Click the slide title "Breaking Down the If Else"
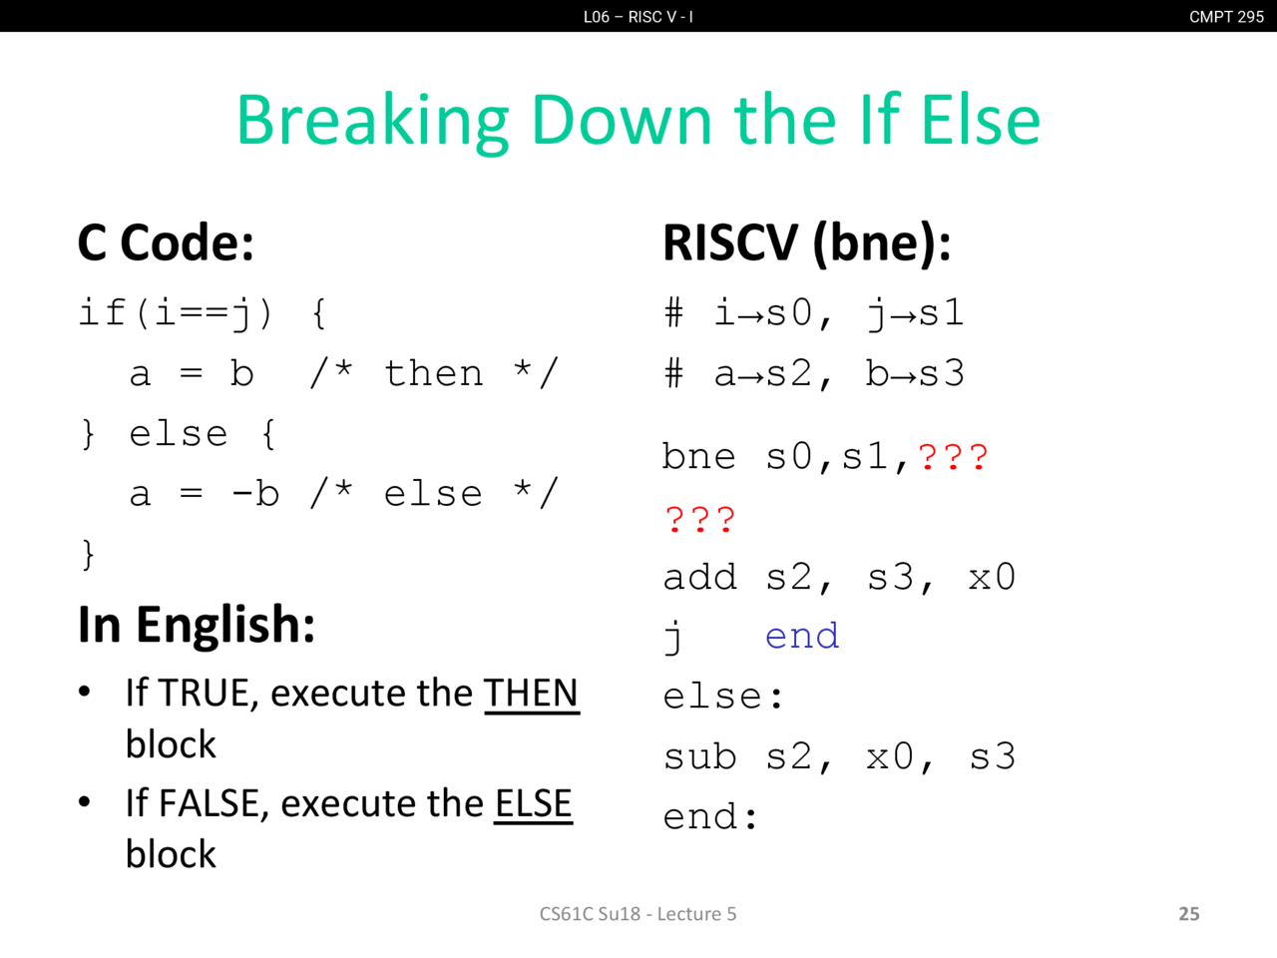[638, 121]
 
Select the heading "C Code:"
[166, 242]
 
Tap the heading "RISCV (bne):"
[807, 243]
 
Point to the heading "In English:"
[197, 625]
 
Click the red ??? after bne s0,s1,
[953, 457]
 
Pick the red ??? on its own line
[700, 520]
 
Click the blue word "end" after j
[802, 636]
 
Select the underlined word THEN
[531, 694]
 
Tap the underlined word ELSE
[534, 804]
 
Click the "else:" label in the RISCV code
[723, 697]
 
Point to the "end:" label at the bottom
[710, 816]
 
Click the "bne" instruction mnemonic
[699, 456]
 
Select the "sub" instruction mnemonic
[700, 756]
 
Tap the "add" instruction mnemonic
[700, 577]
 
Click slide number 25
[1189, 914]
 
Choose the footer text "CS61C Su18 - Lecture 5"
[638, 914]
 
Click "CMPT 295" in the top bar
[1226, 16]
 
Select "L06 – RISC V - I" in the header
[638, 16]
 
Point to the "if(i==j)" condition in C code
[176, 313]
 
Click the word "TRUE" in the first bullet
[205, 694]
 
